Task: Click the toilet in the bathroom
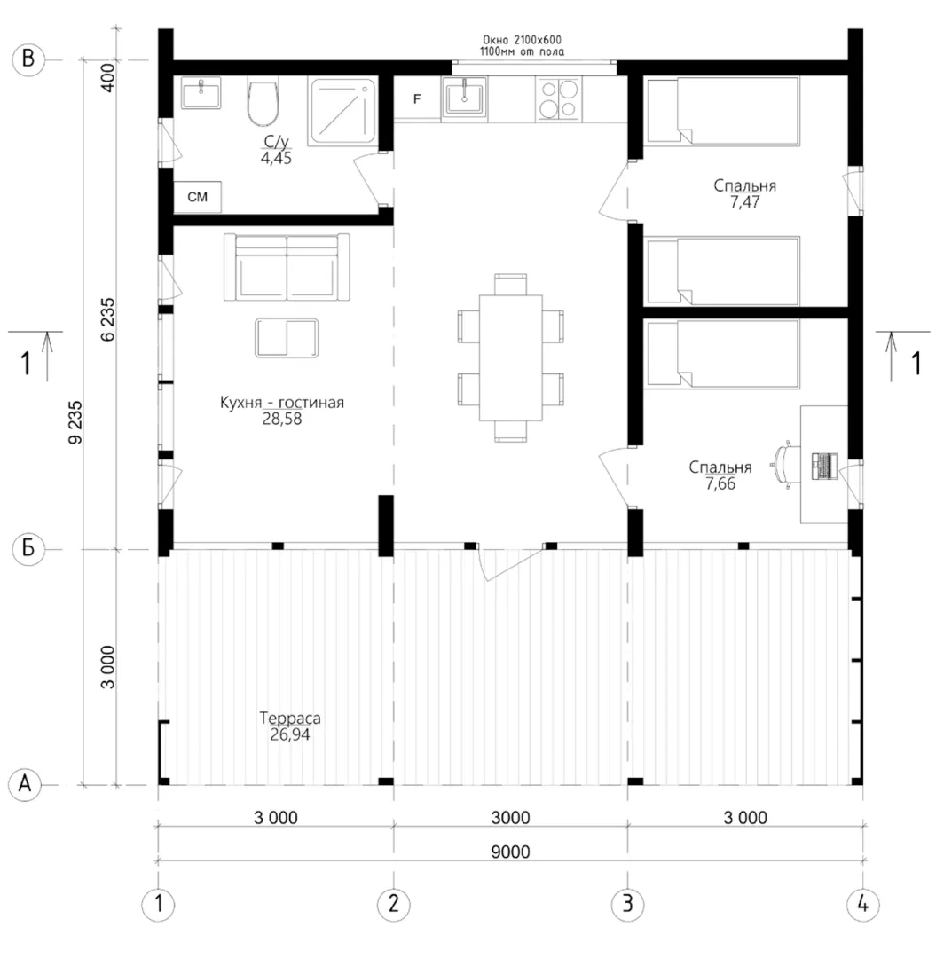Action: [x=263, y=101]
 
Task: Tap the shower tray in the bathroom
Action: [x=342, y=111]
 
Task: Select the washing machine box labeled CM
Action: [x=197, y=197]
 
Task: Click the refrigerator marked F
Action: [x=417, y=98]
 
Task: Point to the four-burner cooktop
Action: [x=559, y=98]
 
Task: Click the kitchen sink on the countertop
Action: [x=464, y=98]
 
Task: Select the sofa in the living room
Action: [x=287, y=267]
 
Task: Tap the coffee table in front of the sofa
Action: [x=287, y=337]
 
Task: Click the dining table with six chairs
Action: [x=511, y=358]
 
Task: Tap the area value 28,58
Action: [x=281, y=419]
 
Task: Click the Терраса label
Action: [x=289, y=718]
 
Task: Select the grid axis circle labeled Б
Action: [x=28, y=549]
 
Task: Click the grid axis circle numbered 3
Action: [x=627, y=904]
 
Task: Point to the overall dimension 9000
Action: [x=510, y=852]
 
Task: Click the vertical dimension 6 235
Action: [x=107, y=319]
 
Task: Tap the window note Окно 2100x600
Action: [x=522, y=40]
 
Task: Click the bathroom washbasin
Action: [x=201, y=93]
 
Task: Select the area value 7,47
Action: [x=744, y=202]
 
